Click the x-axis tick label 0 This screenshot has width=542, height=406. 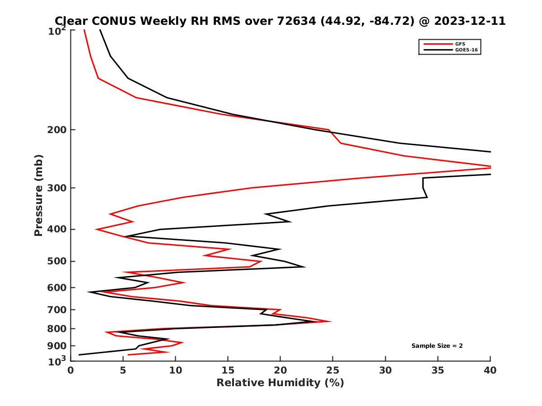70,371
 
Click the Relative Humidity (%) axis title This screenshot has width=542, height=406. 280,383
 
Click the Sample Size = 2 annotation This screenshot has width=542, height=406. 437,346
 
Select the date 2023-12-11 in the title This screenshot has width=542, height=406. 469,21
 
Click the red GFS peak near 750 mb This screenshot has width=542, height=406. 331,322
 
